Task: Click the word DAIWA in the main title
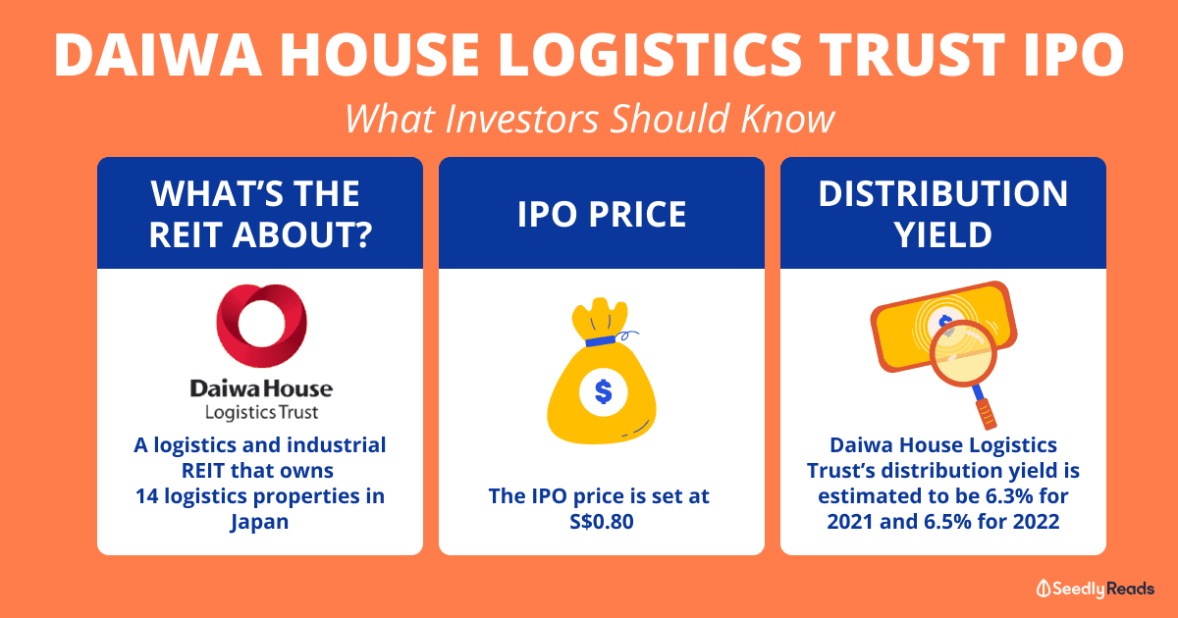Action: coord(158,55)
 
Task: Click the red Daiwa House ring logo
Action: coord(261,326)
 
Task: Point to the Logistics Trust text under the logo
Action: coord(261,413)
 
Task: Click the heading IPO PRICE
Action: coord(602,215)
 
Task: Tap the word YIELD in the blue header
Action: coord(943,234)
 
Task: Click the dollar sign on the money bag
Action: coord(603,392)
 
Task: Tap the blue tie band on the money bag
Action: coord(601,340)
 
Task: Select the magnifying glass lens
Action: coord(963,353)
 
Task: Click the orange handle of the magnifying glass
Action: coord(987,414)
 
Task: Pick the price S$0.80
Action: coord(602,522)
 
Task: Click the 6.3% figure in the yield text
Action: coord(1003,496)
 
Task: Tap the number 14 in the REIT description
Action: coord(146,496)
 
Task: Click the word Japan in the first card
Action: coord(259,523)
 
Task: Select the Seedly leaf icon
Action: coord(1043,589)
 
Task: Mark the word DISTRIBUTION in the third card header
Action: coord(943,194)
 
